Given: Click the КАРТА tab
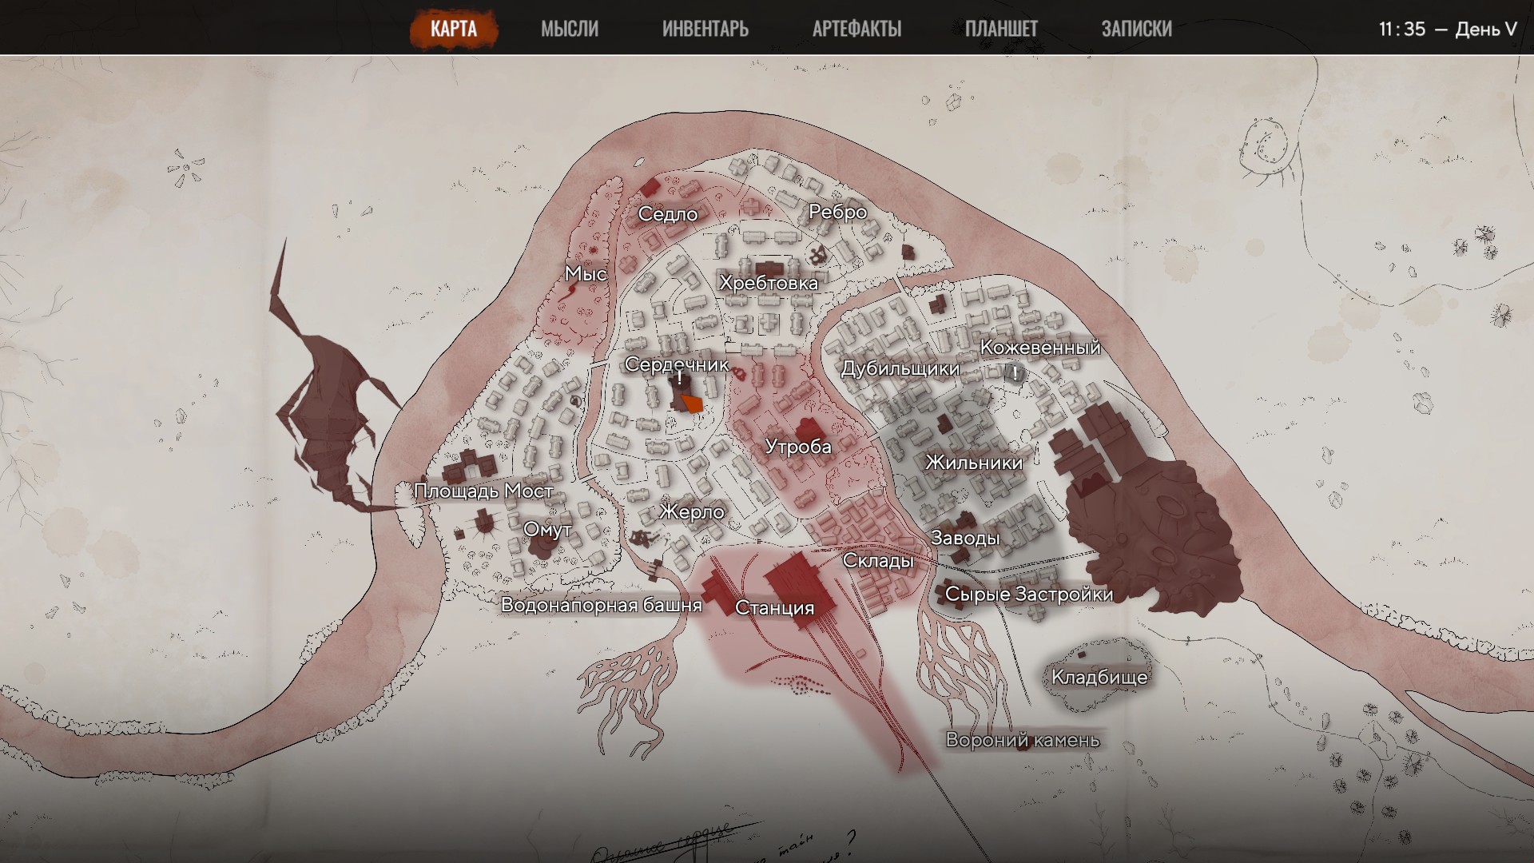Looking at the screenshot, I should (453, 29).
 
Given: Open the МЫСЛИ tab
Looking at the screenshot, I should (569, 29).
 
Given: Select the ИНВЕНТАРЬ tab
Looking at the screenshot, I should (705, 29).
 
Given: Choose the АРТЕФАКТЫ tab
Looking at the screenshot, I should (856, 29).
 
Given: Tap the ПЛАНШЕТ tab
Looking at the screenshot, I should (1001, 29).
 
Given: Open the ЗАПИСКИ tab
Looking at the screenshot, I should (1136, 29).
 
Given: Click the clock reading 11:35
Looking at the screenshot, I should (1401, 29).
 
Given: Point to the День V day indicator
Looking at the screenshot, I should (1485, 29).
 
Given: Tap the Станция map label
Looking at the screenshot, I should (774, 608).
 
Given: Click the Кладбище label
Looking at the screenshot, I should (1099, 678).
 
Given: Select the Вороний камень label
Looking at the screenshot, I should (1023, 740).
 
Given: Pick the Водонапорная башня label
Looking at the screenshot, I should (601, 605).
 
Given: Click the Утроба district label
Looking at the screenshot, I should (798, 447).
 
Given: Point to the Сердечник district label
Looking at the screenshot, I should (677, 364).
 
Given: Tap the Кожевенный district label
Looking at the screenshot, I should (1040, 348).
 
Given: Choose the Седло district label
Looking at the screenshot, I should (668, 214).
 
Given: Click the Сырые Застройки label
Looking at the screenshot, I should (1028, 595).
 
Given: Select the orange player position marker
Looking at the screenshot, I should (692, 404).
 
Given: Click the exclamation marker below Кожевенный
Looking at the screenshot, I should (1015, 373).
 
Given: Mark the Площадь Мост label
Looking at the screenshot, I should (483, 491).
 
